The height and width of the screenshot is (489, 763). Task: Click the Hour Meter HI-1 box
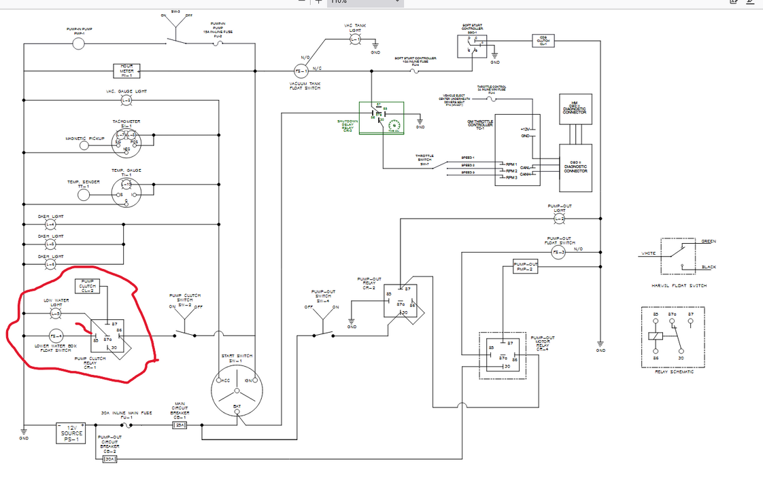[x=126, y=71]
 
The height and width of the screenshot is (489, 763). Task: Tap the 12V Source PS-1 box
[x=71, y=433]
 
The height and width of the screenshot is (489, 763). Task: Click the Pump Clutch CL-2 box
[x=88, y=286]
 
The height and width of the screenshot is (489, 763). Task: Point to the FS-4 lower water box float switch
[x=56, y=336]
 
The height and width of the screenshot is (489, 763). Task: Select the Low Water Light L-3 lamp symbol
[x=56, y=313]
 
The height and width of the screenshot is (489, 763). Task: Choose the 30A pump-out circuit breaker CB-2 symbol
[x=109, y=460]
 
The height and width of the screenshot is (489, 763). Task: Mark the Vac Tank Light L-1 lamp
[x=356, y=39]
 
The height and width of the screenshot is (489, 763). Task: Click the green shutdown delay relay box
[x=381, y=118]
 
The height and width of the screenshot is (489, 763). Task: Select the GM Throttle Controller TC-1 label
[x=479, y=124]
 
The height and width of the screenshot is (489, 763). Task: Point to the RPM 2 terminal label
[x=511, y=170]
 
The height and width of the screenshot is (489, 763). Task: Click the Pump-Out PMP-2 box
[x=526, y=267]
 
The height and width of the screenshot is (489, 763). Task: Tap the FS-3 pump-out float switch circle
[x=558, y=253]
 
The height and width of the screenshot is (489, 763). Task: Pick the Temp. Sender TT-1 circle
[x=84, y=195]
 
